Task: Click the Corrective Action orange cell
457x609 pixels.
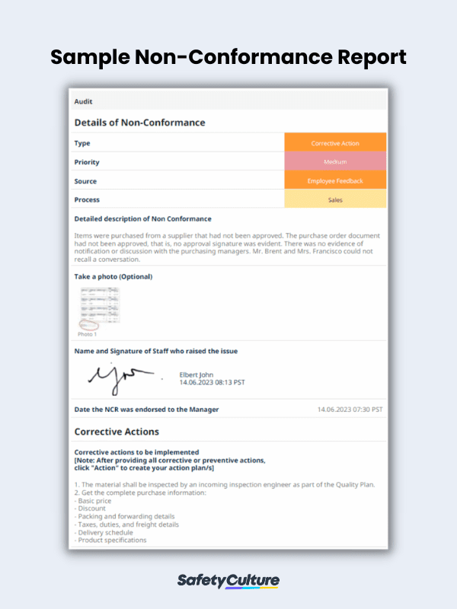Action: tap(335, 143)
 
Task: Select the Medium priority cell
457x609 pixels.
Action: tap(335, 162)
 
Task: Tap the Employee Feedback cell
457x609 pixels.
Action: tap(335, 181)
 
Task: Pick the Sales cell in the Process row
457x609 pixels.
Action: tap(335, 200)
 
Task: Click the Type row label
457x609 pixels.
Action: tap(82, 143)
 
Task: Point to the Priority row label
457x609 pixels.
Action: tap(87, 162)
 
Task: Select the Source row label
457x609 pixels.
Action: tap(85, 181)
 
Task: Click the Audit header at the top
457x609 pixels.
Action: tap(84, 100)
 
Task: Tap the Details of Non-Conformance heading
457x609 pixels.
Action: tap(139, 123)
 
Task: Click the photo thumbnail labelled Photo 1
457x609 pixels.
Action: tap(98, 309)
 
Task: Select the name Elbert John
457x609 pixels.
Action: tap(197, 374)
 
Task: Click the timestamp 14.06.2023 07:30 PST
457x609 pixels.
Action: tap(350, 410)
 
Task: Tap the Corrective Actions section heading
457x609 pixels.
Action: tap(117, 432)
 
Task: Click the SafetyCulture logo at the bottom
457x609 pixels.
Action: tap(228, 581)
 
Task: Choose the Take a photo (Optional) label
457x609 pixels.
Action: tap(113, 276)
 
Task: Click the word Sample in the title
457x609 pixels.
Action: tap(91, 57)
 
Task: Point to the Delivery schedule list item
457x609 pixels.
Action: tap(106, 533)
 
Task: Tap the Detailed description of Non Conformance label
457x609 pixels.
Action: tap(143, 219)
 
